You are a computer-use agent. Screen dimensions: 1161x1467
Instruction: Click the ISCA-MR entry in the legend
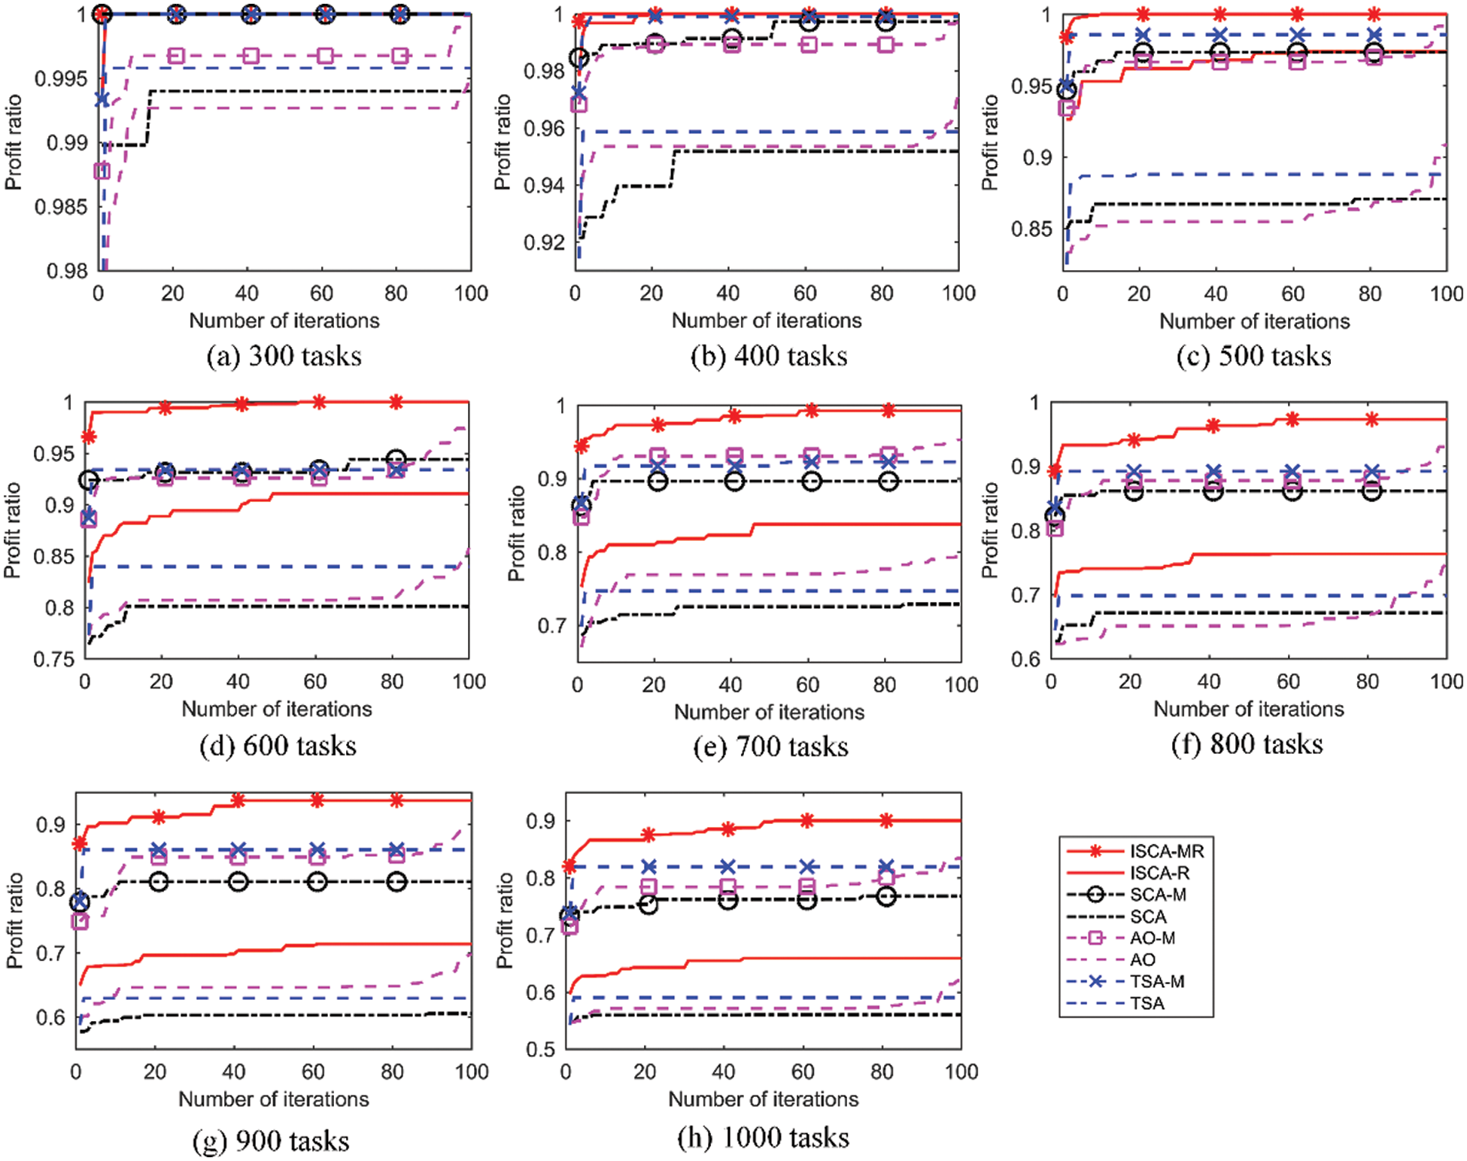(1166, 851)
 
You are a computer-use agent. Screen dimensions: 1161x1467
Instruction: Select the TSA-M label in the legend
(1156, 981)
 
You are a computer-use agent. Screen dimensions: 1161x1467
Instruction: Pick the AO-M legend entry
(1152, 938)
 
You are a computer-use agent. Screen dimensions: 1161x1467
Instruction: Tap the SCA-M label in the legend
(1158, 895)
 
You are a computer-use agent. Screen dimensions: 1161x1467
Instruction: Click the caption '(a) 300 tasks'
(284, 356)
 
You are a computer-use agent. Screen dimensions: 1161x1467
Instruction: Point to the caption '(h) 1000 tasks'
(763, 1137)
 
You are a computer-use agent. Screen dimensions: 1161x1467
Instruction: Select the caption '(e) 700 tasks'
(770, 746)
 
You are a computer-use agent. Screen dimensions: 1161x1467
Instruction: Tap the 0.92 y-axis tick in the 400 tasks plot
(543, 242)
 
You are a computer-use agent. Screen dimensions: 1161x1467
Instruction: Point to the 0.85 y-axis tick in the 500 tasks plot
(1030, 229)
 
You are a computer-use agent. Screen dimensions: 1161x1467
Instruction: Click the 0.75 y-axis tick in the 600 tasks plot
(54, 660)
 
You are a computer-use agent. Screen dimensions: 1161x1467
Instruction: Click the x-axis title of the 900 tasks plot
(273, 1099)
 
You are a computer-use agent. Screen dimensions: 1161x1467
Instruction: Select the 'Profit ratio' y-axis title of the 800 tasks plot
(989, 530)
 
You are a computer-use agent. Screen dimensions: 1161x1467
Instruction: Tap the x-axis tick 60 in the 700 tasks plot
(807, 685)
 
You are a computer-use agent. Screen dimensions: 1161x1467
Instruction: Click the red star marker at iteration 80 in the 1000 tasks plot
(886, 820)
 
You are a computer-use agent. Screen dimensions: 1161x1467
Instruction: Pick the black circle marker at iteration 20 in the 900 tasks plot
(158, 881)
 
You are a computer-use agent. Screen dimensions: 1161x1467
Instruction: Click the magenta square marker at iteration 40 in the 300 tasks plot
(251, 56)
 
